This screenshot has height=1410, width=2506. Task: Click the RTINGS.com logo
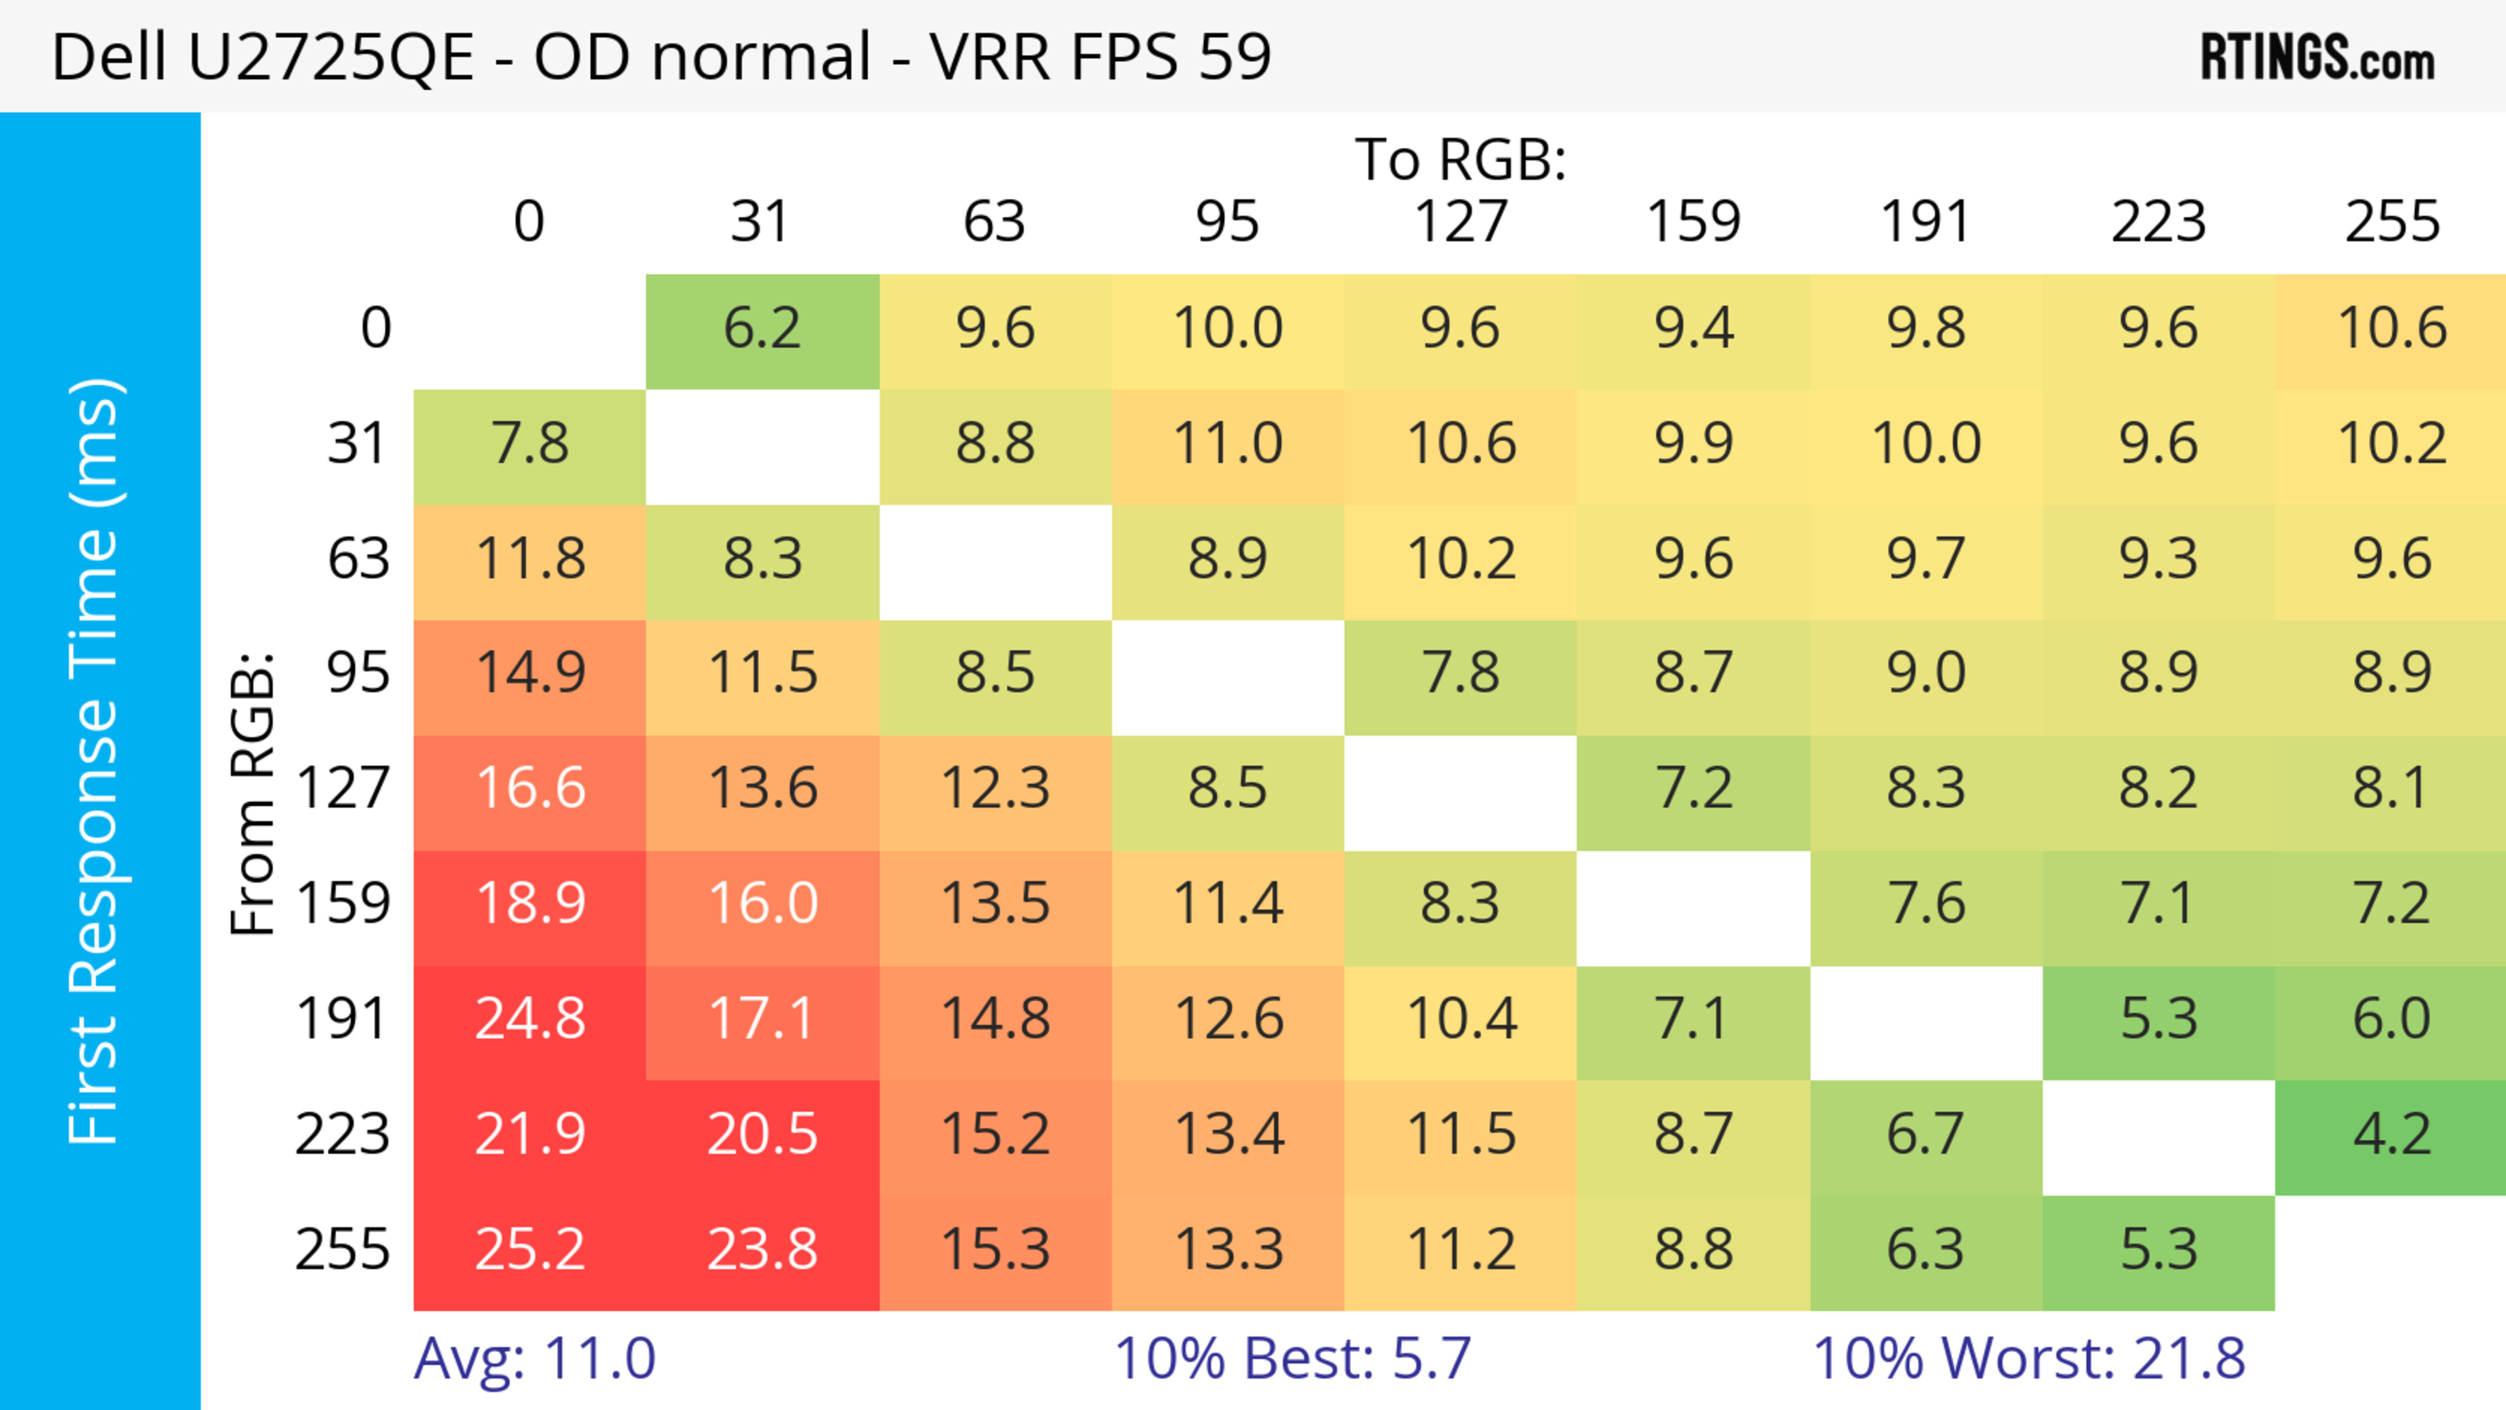pos(2317,58)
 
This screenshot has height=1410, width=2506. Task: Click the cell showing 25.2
pos(530,1249)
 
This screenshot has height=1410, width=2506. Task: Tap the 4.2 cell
pos(2391,1135)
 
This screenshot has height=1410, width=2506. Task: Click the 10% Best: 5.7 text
pos(1292,1358)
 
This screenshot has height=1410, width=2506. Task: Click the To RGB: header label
pos(1461,159)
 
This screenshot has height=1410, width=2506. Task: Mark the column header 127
pos(1461,222)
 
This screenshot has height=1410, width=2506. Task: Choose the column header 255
pos(2391,222)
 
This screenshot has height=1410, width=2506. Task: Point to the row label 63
pos(358,559)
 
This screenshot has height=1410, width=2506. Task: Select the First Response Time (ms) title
pos(95,760)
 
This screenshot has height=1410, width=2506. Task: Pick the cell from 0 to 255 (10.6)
pos(2391,329)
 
